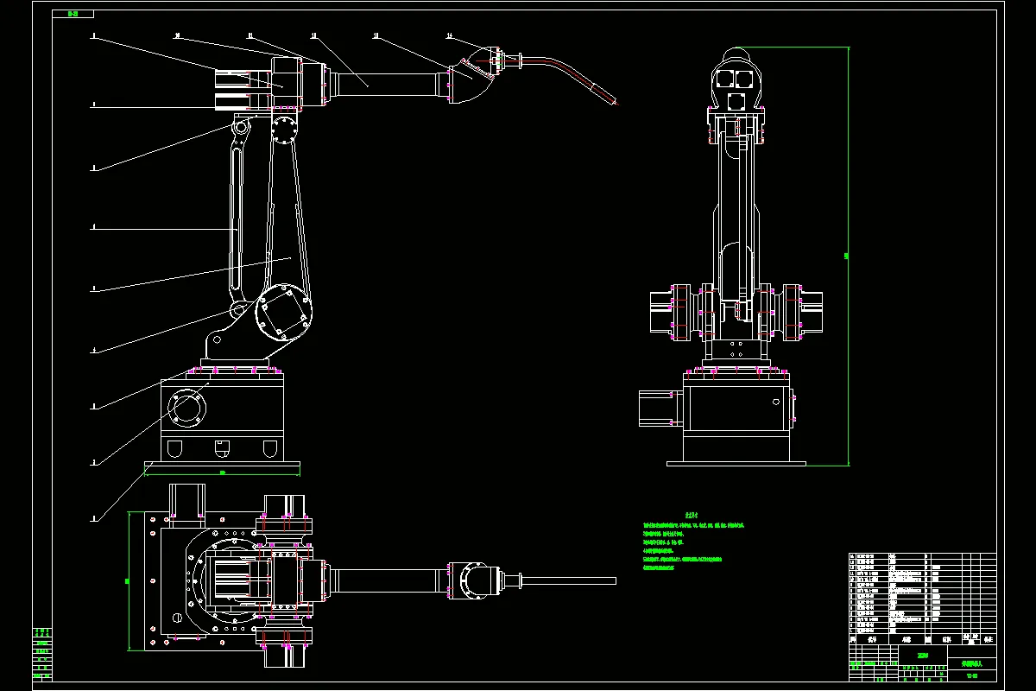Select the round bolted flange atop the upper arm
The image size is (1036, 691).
point(282,130)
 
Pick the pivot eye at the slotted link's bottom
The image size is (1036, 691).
point(237,308)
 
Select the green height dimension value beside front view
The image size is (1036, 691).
point(846,256)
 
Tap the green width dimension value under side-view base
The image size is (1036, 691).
point(222,472)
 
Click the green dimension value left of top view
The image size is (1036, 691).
point(127,580)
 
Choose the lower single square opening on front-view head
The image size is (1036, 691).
point(736,102)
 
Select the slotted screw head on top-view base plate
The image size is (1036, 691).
point(177,618)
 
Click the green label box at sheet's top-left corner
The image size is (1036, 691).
point(66,14)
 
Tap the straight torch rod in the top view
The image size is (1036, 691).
point(570,580)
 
